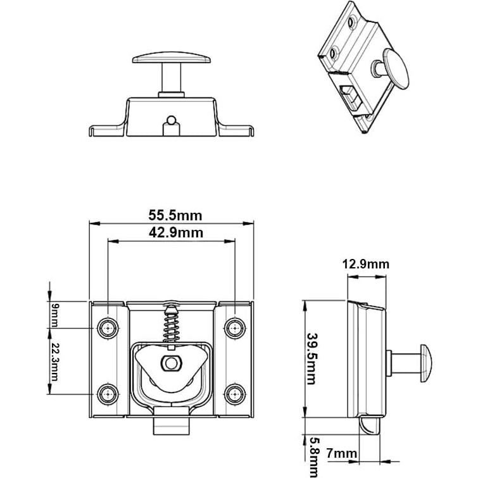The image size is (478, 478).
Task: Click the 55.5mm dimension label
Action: click(x=172, y=216)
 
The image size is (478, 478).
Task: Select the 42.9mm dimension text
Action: click(x=172, y=232)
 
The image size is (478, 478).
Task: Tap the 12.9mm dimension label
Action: click(x=365, y=264)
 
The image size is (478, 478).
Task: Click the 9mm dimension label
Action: click(x=54, y=315)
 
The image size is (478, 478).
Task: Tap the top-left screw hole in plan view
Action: click(x=108, y=328)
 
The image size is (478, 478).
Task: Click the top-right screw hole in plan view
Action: click(x=235, y=328)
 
